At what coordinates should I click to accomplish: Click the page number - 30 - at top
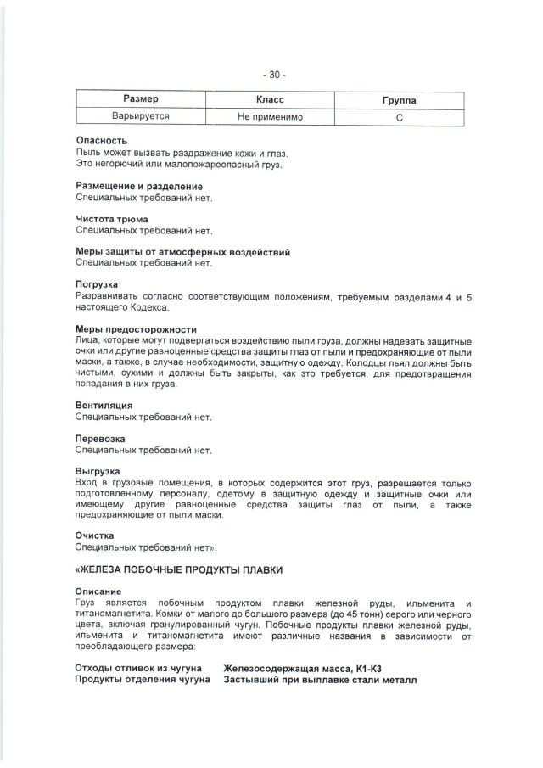coord(274,74)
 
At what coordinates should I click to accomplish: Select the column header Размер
coord(141,100)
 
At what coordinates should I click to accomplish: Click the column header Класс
coord(270,100)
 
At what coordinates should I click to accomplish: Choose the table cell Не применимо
coord(270,117)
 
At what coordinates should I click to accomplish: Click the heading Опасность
coord(102,141)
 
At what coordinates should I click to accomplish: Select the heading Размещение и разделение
coord(139,186)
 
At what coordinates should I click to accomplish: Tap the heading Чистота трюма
coord(112,219)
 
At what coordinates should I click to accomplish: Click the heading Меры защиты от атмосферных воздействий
coord(183,252)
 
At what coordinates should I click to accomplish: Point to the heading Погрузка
coord(98,284)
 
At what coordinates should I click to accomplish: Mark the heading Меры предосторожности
coord(137,329)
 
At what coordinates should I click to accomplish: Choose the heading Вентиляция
coord(104,406)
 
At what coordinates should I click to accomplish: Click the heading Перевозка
coord(101,439)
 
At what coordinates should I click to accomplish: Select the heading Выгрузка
coord(98,471)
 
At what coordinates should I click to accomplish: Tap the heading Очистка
coord(95,535)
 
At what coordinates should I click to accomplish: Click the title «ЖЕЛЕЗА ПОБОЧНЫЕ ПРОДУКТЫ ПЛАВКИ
coord(179,569)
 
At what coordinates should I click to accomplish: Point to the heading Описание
coord(98,591)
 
